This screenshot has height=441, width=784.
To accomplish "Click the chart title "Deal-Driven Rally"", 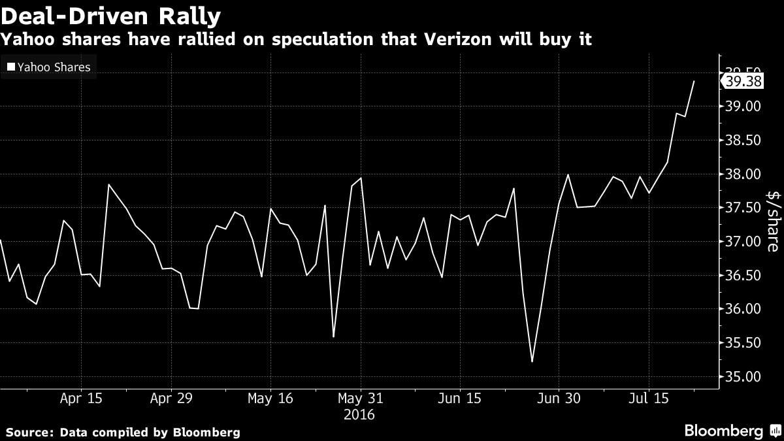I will point(110,15).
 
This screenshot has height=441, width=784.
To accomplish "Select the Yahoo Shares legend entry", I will point(48,67).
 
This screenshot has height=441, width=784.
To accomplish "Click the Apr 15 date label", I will point(81,399).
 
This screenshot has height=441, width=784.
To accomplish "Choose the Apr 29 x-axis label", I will point(171,399).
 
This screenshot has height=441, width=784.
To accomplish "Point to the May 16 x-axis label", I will point(270,399).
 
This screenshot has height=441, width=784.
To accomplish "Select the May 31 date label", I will point(360,399).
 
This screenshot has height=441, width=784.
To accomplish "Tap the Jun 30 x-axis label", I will point(559,399).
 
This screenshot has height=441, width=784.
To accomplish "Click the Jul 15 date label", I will point(649,399).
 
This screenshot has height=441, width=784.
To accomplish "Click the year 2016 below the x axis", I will point(360,414).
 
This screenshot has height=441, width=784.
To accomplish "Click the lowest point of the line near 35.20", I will point(532,361).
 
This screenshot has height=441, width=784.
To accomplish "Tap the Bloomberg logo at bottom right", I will point(724,431).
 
